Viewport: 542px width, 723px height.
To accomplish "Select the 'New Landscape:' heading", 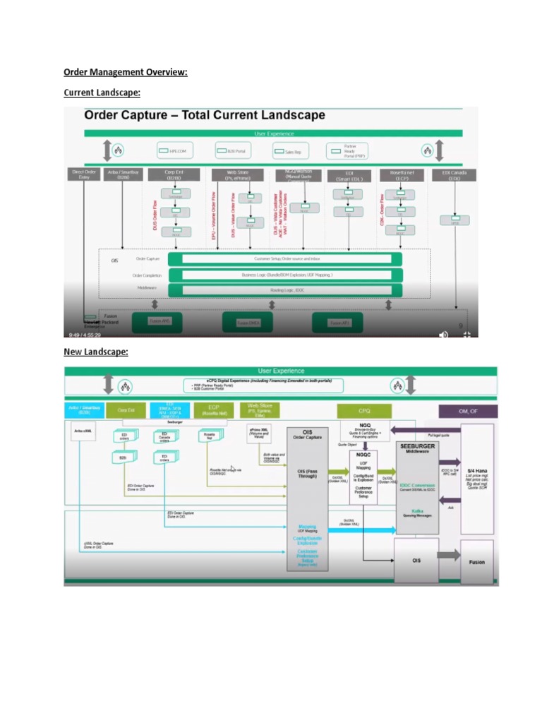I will tap(96, 352).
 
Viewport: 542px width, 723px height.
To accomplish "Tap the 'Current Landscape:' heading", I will tap(102, 92).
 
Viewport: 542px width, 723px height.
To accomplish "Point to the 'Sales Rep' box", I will tap(289, 150).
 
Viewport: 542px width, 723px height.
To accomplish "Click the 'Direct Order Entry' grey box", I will tap(84, 175).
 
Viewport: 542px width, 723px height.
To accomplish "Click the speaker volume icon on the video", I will tap(443, 334).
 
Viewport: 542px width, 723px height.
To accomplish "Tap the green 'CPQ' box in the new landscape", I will tap(364, 411).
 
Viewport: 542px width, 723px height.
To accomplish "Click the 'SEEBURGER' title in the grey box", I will tap(418, 446).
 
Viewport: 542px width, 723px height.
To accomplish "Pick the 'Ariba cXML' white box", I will tap(84, 430).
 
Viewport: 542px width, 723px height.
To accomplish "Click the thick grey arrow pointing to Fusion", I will tap(447, 556).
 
